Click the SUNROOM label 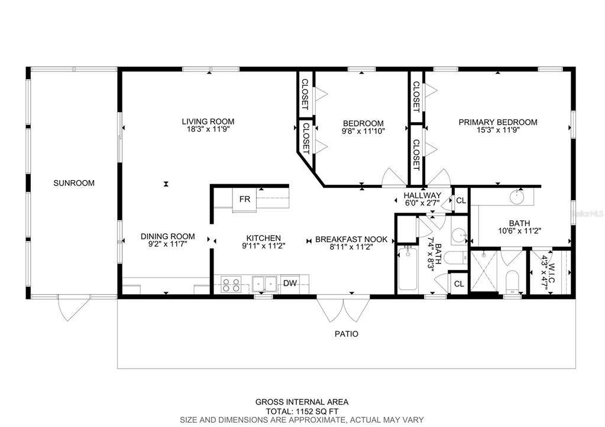click(x=74, y=183)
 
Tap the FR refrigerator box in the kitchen click(x=244, y=199)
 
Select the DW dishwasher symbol click(x=290, y=283)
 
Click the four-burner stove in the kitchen click(x=231, y=285)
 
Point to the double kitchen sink click(x=265, y=285)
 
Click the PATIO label click(x=347, y=334)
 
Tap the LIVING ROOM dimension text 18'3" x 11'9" click(x=208, y=129)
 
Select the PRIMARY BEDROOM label click(x=498, y=122)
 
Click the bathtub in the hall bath click(x=407, y=269)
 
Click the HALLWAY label click(x=422, y=195)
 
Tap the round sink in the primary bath click(x=517, y=198)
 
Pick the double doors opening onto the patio click(x=344, y=309)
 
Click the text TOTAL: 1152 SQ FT click(x=302, y=411)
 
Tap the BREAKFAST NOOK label click(x=351, y=239)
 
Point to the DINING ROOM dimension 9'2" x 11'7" click(x=167, y=244)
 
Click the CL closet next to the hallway click(x=461, y=201)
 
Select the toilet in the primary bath click(x=512, y=283)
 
